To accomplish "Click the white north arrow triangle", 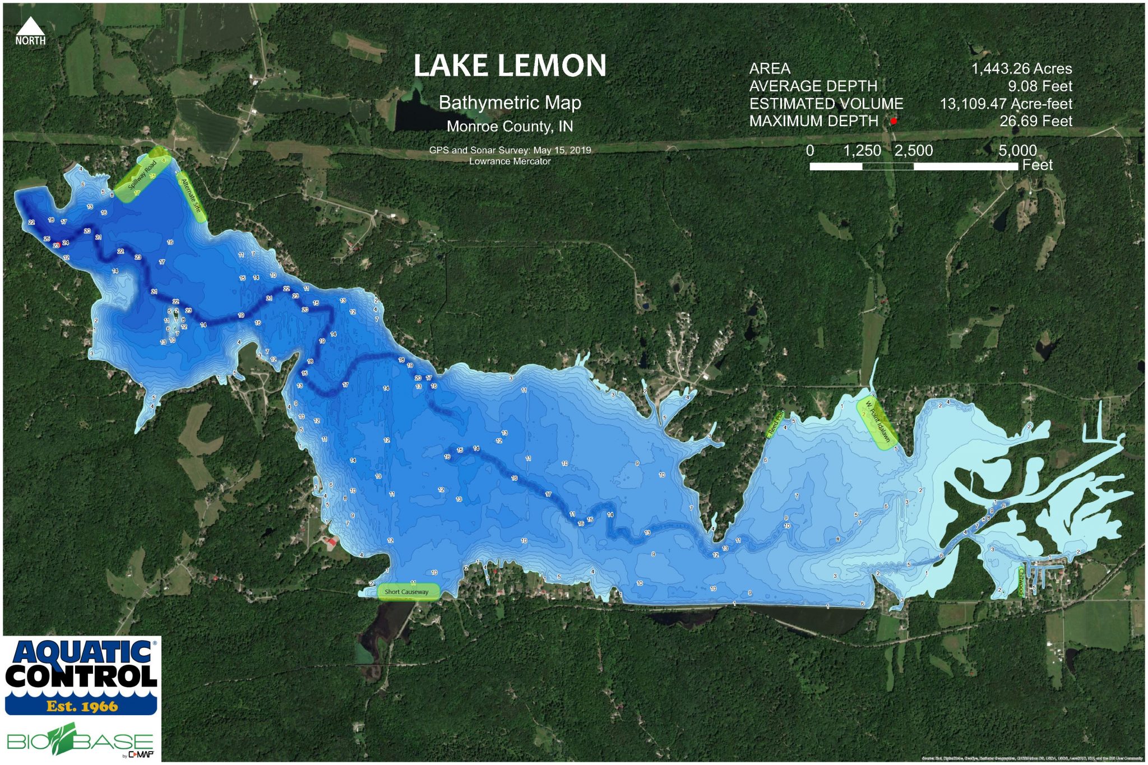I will point(30,26).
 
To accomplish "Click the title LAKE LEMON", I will point(510,66).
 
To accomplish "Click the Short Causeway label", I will point(406,592).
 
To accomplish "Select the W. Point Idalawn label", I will point(877,421).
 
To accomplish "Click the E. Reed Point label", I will point(775,424).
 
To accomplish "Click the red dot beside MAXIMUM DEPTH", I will point(894,121).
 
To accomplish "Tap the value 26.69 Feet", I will point(1035,121).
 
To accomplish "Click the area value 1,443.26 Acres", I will point(1021,68).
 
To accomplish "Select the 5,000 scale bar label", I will point(1017,150).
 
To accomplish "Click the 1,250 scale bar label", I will point(862,150).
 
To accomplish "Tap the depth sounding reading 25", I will point(47,239).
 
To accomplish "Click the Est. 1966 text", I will point(82,706).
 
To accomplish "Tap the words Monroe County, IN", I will point(510,127).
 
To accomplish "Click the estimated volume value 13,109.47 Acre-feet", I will point(1006,104).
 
